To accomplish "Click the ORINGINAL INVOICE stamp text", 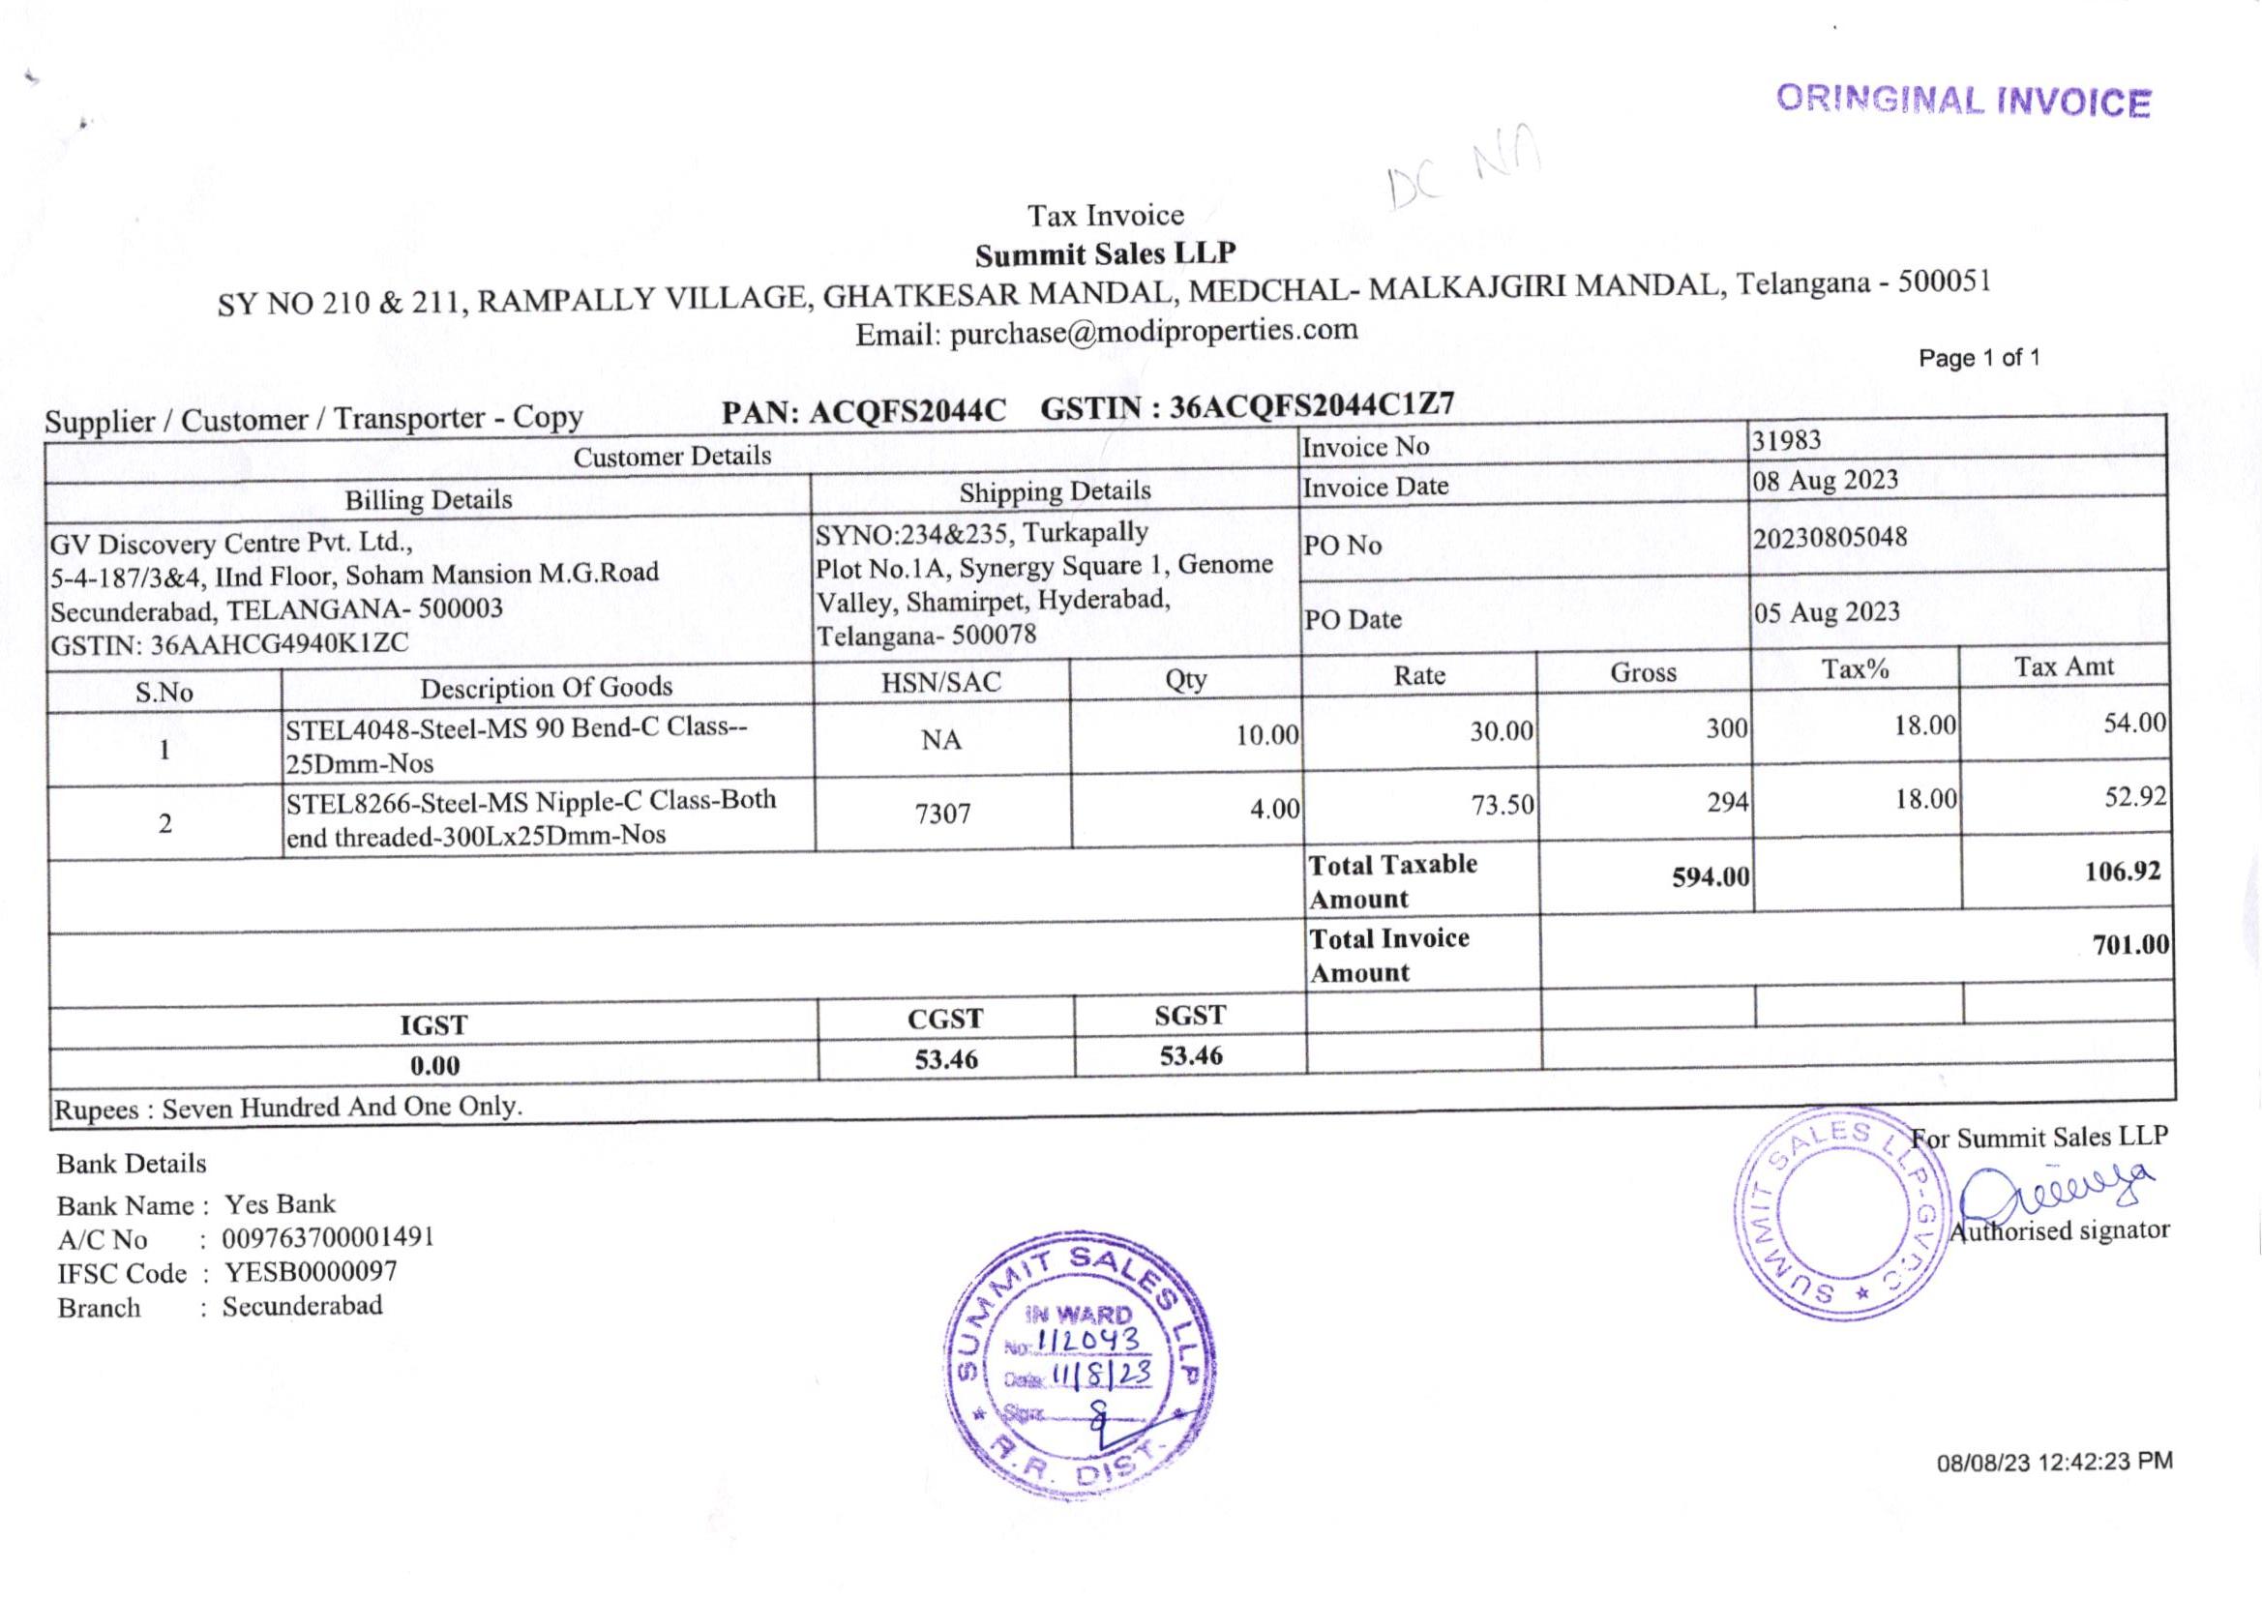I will coord(1962,102).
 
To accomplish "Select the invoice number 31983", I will coord(1786,440).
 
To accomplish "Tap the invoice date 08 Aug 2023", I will coord(1825,480).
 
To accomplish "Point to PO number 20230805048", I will coord(1830,538).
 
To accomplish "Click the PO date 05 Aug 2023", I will coord(1826,611).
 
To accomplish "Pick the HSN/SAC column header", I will coord(940,682).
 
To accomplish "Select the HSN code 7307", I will coord(943,814).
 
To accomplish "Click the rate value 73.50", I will coord(1503,805).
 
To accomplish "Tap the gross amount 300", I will coord(1727,728).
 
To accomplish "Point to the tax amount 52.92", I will coord(2135,796).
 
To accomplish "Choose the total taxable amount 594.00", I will coord(1711,875).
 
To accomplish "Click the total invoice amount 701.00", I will coord(2130,945).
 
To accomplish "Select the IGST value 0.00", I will coord(434,1065).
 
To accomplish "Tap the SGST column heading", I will coord(1190,1016).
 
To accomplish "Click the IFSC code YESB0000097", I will coord(311,1272).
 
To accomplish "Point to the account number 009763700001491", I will coord(328,1237).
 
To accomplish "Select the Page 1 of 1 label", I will coord(1979,358).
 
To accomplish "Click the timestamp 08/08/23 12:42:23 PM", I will coord(2054,1462).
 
